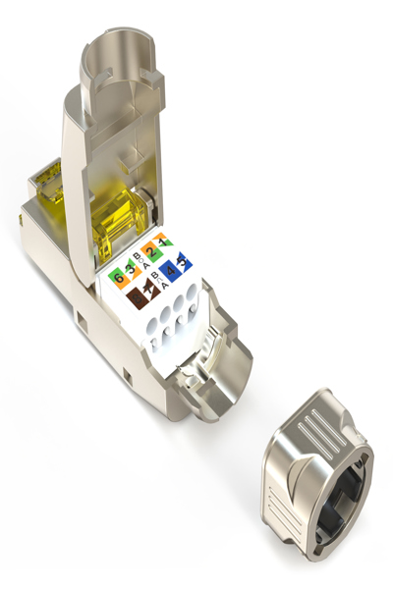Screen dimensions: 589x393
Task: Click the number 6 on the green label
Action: (119, 279)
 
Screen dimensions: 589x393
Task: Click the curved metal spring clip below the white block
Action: (201, 373)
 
